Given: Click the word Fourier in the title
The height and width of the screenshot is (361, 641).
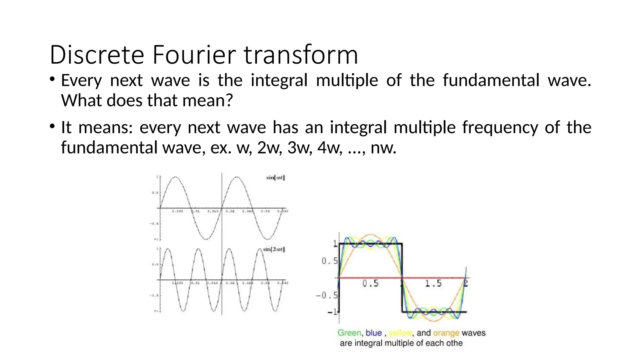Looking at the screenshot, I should (194, 55).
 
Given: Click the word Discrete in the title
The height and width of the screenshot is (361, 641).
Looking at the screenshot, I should (97, 55).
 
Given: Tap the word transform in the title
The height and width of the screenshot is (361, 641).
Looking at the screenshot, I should (301, 55).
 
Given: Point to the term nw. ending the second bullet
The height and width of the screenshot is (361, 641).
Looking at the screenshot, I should (383, 148).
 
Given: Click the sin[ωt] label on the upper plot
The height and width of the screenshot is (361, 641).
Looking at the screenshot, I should (275, 178).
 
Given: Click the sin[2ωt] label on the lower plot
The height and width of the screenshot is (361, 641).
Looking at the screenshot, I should (274, 249).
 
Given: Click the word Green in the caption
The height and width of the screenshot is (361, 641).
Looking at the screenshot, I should (349, 333).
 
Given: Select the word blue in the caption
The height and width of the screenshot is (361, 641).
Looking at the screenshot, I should (374, 333).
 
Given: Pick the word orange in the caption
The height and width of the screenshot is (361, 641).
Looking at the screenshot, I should (446, 333).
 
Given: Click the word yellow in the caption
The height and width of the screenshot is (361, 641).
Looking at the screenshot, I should (400, 333).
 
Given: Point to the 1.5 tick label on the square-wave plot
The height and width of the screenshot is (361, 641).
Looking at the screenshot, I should (433, 284).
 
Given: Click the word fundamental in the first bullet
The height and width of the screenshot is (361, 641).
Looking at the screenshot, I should (490, 80).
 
